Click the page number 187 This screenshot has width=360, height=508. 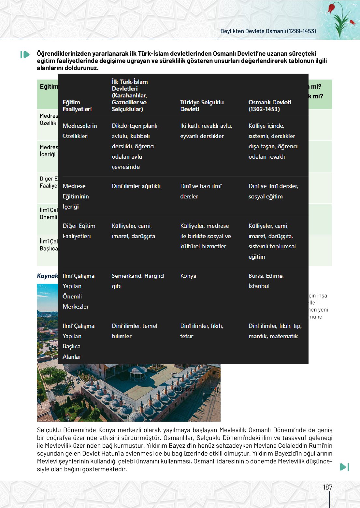click(327, 487)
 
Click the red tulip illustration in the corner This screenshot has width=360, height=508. click(340, 18)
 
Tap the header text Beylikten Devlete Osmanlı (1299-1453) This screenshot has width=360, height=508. click(268, 31)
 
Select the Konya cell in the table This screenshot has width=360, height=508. click(188, 276)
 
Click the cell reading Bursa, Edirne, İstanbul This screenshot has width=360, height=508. click(266, 281)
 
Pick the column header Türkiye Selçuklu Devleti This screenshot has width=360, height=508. click(202, 106)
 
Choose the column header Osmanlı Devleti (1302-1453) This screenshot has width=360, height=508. click(269, 106)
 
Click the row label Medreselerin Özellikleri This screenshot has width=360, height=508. click(80, 131)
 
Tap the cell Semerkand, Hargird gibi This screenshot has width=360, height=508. click(137, 281)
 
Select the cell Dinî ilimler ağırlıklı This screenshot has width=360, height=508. click(136, 186)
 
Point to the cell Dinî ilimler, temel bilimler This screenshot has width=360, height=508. click(134, 331)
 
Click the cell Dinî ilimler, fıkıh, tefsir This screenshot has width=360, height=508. click(201, 331)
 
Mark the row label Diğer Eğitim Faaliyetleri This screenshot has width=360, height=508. click(79, 231)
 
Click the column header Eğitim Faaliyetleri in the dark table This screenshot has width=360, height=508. click(77, 106)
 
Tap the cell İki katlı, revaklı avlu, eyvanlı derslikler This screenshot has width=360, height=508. click(206, 131)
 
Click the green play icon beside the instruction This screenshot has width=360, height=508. click(25, 54)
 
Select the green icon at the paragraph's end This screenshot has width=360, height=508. click(344, 467)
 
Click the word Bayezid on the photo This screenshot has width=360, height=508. click(184, 389)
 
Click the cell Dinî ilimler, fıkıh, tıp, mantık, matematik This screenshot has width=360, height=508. click(275, 331)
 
